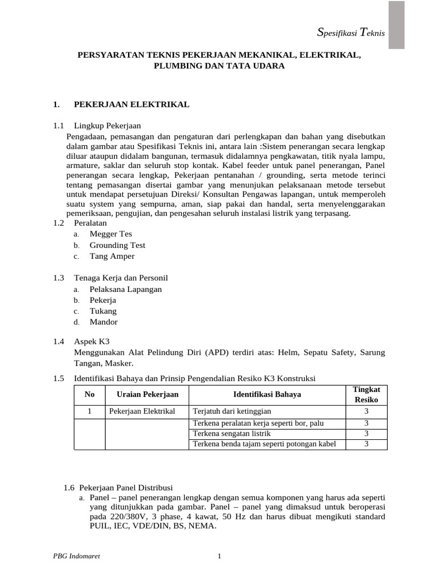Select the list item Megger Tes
[x=110, y=234]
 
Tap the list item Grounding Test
[x=117, y=245]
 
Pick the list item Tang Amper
[x=112, y=256]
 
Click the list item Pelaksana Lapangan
[x=126, y=289]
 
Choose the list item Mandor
[x=103, y=322]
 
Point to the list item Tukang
[x=103, y=311]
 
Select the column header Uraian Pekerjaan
[x=147, y=394]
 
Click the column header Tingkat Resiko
[x=366, y=394]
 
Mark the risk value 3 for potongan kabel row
[x=366, y=444]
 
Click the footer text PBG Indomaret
[x=73, y=557]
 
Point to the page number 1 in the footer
[x=219, y=557]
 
